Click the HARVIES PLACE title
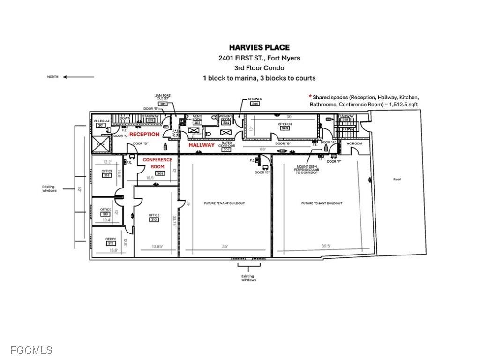pos(259,47)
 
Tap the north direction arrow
pos(78,77)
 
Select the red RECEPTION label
pos(144,135)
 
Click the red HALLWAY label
pos(202,145)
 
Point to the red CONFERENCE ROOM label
pos(157,163)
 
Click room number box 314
pos(107,175)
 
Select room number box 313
pos(105,214)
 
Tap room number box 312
pos(111,243)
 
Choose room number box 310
pos(154,219)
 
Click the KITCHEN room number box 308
pos(285,128)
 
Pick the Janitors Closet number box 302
pos(163,104)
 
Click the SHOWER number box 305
pos(255,104)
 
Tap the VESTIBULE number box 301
pos(101,125)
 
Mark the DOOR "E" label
pos(262,172)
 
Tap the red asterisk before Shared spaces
pos(310,96)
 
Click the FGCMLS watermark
pos(27,350)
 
